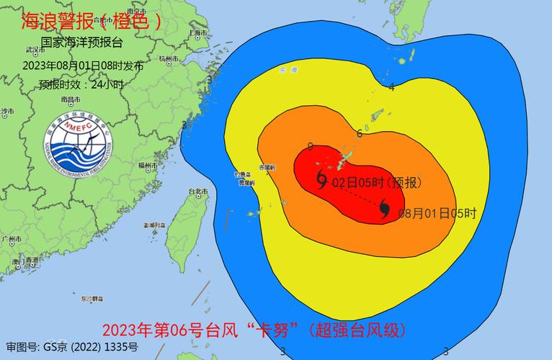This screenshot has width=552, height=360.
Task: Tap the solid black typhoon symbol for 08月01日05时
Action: tap(386, 209)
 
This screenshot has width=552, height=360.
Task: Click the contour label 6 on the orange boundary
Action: tap(359, 134)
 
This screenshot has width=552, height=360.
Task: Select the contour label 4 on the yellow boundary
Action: tap(391, 87)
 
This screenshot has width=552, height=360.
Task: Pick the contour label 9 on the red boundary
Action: tap(310, 147)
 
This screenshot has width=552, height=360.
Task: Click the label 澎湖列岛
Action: tap(154, 225)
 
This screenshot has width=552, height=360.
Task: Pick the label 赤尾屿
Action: tap(267, 166)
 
